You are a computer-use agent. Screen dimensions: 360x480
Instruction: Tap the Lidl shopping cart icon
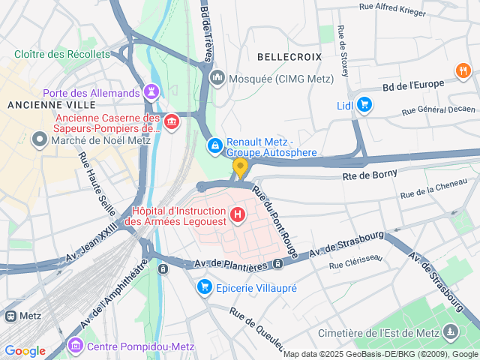click(364, 105)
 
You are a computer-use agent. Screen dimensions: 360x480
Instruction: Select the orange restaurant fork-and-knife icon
click(463, 71)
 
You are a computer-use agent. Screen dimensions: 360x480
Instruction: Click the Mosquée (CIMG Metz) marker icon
click(218, 77)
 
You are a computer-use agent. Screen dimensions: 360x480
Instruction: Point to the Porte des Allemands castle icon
click(152, 91)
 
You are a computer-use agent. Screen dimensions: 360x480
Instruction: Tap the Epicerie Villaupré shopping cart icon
click(204, 287)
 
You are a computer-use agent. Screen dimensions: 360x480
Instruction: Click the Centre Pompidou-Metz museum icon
click(75, 346)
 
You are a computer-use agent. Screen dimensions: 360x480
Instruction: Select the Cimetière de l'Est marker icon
click(450, 331)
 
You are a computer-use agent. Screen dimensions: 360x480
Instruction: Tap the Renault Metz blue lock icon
click(214, 144)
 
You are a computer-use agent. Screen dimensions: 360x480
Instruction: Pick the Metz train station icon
click(10, 316)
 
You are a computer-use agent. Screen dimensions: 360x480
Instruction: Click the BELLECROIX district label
click(289, 57)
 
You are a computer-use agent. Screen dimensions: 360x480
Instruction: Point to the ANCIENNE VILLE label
click(39, 105)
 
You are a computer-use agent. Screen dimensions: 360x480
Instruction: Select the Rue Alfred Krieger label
click(392, 10)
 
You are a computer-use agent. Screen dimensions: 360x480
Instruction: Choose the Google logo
click(25, 351)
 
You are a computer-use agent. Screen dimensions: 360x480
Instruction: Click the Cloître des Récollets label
click(61, 54)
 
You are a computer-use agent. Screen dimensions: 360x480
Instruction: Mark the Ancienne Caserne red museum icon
click(172, 121)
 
